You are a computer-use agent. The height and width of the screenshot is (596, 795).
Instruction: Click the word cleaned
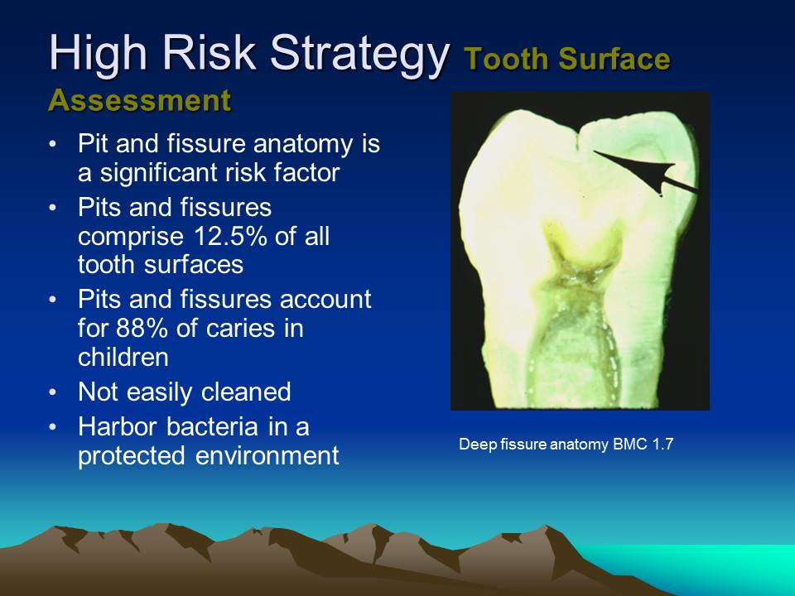[246, 392]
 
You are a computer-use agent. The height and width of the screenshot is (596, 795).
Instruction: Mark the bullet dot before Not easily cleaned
[54, 392]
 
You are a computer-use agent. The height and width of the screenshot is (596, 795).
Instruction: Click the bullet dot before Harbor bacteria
[54, 427]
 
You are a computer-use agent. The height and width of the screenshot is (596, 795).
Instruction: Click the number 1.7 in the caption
[662, 445]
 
